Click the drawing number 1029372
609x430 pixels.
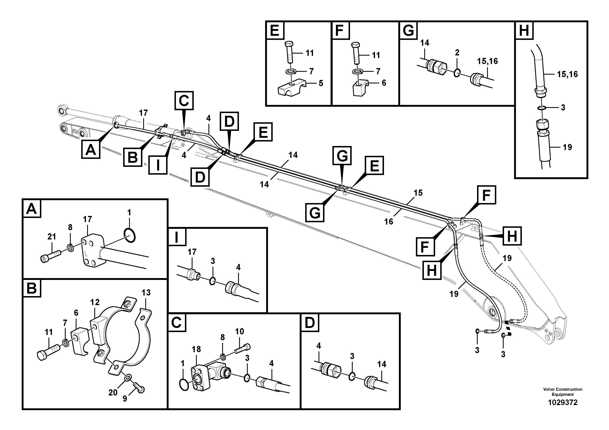click(x=563, y=402)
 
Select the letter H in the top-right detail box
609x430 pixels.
click(x=524, y=31)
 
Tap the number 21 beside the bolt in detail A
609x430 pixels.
click(x=52, y=237)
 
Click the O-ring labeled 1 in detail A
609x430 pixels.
click(x=130, y=235)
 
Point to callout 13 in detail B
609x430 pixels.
click(x=146, y=292)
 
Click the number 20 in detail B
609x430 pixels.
click(x=113, y=392)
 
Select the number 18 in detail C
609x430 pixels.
click(x=196, y=349)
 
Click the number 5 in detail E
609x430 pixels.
click(x=321, y=83)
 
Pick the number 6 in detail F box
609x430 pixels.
click(x=384, y=83)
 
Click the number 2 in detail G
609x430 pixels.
click(x=457, y=53)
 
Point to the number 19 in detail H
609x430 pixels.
click(x=567, y=147)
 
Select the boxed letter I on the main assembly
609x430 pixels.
click(x=158, y=165)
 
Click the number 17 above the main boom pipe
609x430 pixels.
click(x=143, y=113)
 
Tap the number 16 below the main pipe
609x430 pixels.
click(x=389, y=222)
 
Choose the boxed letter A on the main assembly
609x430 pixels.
click(x=90, y=149)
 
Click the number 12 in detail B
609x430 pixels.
click(x=95, y=302)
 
